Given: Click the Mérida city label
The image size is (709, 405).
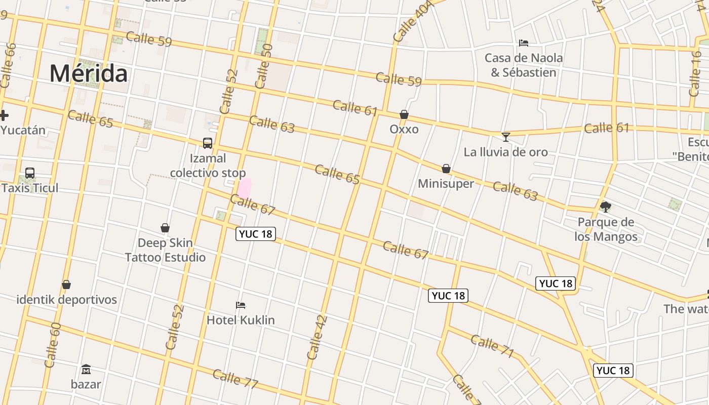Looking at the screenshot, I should [x=89, y=73].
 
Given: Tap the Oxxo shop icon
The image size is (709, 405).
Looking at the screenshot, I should [x=404, y=115].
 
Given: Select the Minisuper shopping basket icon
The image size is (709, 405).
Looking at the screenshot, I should [x=446, y=169].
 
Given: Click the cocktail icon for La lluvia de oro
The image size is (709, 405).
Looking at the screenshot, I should [x=505, y=137].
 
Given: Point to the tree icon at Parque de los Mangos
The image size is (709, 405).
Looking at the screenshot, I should [x=605, y=207].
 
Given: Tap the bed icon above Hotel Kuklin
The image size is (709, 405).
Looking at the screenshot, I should [x=241, y=305].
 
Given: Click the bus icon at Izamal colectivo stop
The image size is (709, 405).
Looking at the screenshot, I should [x=208, y=143].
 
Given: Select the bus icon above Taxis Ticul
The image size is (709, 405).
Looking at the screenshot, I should [x=30, y=173].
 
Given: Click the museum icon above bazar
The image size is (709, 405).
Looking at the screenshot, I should [x=86, y=369].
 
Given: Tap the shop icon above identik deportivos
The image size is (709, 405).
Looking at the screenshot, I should [x=66, y=285].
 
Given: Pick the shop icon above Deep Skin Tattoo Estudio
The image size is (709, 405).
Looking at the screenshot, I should [x=165, y=228].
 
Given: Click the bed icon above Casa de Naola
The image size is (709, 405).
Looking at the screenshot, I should [x=524, y=43].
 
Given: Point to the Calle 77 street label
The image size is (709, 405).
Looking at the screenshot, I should [x=235, y=379].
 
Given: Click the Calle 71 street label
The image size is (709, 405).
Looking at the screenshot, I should [x=492, y=346].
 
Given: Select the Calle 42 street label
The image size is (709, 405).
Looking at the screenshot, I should [x=318, y=338].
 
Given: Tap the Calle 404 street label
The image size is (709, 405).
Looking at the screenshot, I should [x=413, y=22].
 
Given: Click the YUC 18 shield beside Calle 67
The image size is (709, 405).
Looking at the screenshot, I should [x=256, y=233].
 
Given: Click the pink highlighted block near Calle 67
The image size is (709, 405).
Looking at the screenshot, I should [x=245, y=188].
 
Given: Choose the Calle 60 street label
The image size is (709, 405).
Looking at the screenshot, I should [x=53, y=345].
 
